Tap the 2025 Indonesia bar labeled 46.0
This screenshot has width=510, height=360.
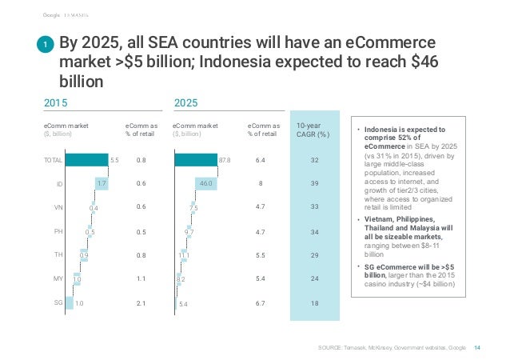(x=205, y=184)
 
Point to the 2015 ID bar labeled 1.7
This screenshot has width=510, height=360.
(x=96, y=184)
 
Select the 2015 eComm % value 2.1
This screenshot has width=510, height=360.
(x=141, y=303)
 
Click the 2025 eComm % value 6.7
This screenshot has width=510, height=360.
(x=261, y=303)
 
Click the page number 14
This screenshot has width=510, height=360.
(x=478, y=346)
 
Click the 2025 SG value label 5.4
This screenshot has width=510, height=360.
(x=184, y=304)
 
